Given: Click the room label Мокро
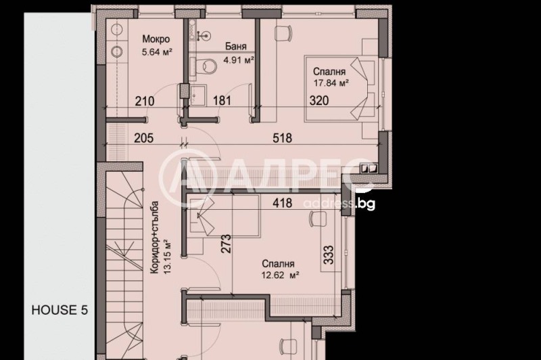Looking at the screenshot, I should click(156, 39).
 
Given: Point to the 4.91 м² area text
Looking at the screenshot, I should click(239, 60).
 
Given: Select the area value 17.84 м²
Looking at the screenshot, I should click(331, 83).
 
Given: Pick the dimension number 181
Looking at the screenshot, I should click(222, 102).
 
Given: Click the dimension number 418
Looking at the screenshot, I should click(282, 201).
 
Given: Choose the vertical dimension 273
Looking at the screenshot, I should click(226, 244).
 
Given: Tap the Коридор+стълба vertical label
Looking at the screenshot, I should click(155, 236).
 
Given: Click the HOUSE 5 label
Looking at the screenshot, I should click(60, 311).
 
